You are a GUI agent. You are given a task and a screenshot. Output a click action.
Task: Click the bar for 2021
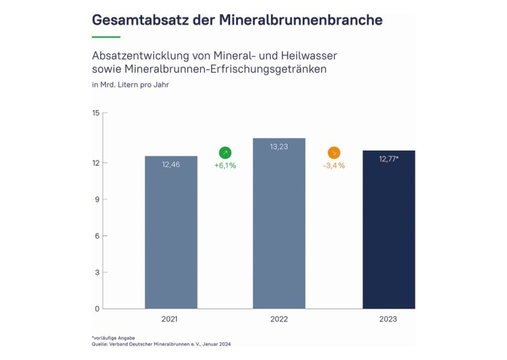(x=171, y=233)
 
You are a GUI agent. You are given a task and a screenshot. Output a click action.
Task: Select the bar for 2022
(x=279, y=227)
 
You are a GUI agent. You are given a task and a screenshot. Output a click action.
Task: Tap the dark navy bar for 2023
(x=388, y=230)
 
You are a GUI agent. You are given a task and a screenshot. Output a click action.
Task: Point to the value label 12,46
(x=171, y=165)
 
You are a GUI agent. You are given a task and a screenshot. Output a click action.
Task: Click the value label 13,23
(x=279, y=147)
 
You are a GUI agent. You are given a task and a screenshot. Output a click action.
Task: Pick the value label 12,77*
(x=389, y=159)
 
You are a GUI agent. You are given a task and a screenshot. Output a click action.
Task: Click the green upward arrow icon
(x=225, y=153)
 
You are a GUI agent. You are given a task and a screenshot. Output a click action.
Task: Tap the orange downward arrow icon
(x=334, y=153)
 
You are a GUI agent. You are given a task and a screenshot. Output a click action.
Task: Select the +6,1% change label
(x=225, y=165)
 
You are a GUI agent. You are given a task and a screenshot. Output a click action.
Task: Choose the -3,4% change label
(x=334, y=165)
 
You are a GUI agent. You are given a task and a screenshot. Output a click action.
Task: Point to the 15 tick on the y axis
(x=95, y=113)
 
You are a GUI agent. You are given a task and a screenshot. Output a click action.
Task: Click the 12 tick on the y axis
(x=95, y=163)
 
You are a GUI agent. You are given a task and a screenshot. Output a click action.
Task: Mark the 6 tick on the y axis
(x=97, y=236)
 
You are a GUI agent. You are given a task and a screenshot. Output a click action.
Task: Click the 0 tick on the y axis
(x=97, y=309)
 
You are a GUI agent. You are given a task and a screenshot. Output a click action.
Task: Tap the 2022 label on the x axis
(x=279, y=319)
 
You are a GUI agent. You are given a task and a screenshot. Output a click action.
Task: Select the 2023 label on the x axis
(x=388, y=319)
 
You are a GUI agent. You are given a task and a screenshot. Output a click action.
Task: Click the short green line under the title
(x=106, y=37)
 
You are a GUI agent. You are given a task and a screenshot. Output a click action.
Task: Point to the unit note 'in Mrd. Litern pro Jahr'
(x=130, y=85)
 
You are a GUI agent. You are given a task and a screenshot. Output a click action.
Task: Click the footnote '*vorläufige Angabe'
(x=113, y=338)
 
